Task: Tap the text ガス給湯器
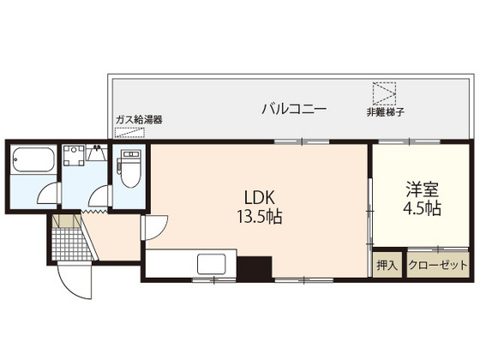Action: pos(139,120)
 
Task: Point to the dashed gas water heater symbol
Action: pos(129,134)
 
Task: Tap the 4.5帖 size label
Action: pos(421,208)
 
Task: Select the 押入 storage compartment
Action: pos(387,266)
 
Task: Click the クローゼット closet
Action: pos(438,266)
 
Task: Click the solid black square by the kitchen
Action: pos(253,268)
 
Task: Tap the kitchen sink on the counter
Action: pos(211,264)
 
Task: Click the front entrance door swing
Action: pos(73,279)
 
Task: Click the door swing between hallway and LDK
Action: pos(154,227)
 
